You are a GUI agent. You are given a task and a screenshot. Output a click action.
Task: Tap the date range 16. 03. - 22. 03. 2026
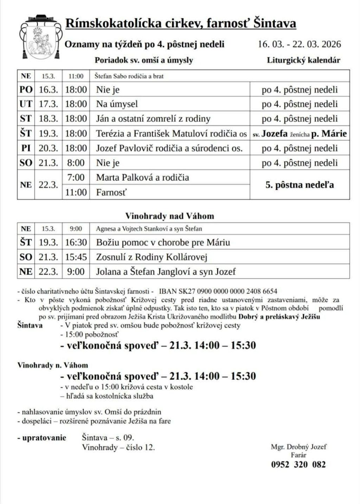point(299,44)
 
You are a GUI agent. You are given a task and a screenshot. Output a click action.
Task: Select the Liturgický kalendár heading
point(303,60)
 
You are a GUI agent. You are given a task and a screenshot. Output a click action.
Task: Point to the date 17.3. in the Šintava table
point(48,104)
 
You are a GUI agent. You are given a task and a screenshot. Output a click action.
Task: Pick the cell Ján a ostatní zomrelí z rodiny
point(153,119)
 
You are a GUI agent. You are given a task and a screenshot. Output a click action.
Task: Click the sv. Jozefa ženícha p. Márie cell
point(300,134)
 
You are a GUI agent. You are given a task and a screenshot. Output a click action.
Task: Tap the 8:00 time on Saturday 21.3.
point(76,163)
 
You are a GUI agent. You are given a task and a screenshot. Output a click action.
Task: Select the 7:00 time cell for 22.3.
point(76,177)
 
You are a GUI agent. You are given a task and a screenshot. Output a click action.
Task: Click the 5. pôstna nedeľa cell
point(300,185)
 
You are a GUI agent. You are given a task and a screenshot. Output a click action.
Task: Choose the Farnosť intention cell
point(111,192)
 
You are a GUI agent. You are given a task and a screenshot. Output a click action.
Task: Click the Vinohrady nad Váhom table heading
point(169,216)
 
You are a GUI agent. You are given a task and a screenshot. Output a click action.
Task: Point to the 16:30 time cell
point(76,243)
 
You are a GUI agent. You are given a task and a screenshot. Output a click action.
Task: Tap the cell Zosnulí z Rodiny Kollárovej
point(152,257)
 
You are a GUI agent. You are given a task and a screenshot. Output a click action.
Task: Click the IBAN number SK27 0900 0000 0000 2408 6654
point(218,291)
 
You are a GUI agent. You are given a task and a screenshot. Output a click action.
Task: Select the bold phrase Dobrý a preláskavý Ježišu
point(279,316)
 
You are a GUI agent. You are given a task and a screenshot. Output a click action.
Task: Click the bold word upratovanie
point(44,438)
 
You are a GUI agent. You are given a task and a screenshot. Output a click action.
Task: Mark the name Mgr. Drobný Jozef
point(298,447)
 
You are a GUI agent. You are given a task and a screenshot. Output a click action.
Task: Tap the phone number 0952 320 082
point(298,465)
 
